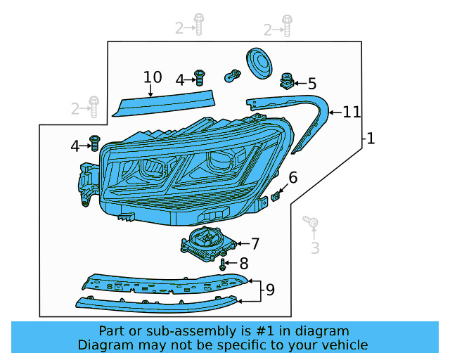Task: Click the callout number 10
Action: [x=153, y=77]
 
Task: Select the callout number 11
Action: [x=352, y=112]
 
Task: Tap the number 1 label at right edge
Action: [x=371, y=139]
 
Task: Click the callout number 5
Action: [x=311, y=83]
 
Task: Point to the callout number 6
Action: [x=292, y=177]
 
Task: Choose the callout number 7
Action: [x=255, y=244]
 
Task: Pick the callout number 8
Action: [x=243, y=264]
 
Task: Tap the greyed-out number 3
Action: [x=315, y=247]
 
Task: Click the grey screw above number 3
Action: [x=310, y=223]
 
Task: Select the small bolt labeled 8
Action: [x=223, y=265]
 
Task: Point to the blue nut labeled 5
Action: [x=288, y=81]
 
